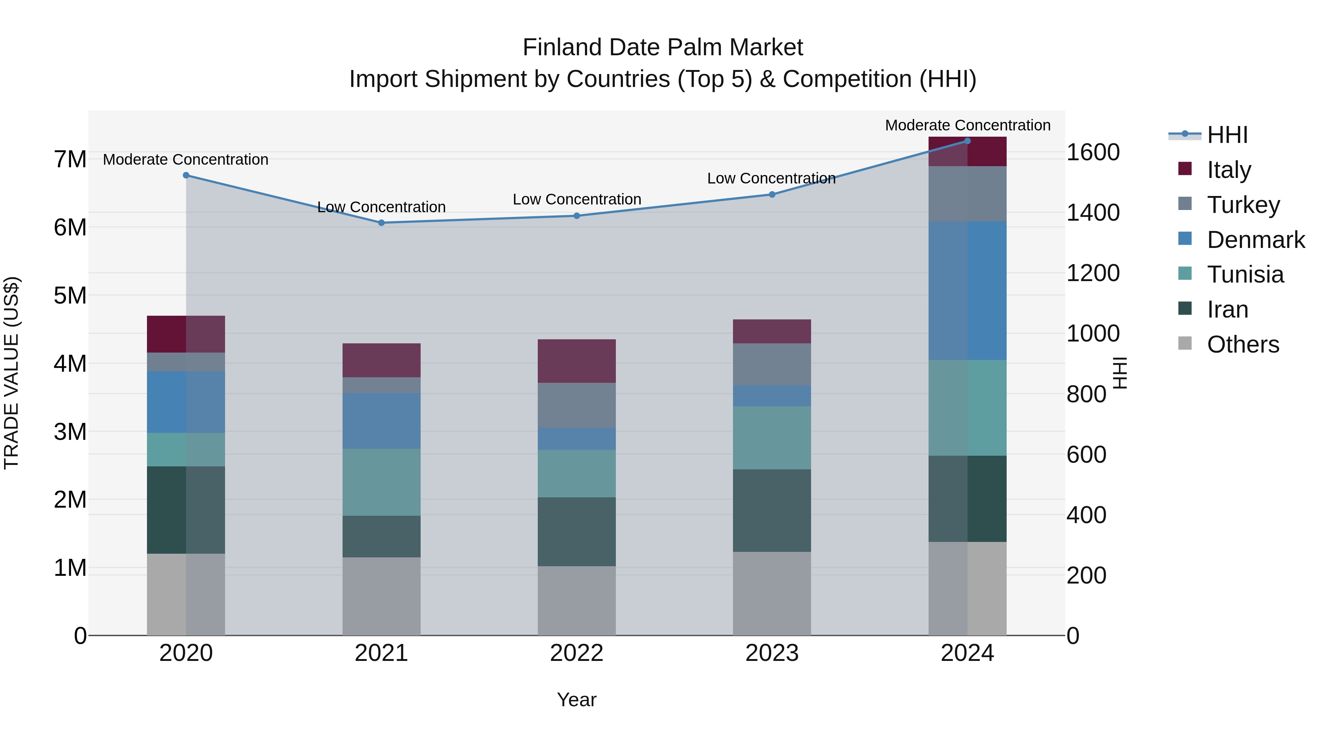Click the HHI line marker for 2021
click(x=382, y=223)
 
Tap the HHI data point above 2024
click(x=967, y=141)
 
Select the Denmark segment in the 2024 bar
click(x=967, y=291)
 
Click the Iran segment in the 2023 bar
click(x=772, y=510)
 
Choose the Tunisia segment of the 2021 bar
click(x=382, y=482)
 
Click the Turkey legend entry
click(x=1243, y=205)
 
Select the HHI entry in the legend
click(x=1227, y=135)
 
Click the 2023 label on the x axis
click(x=772, y=653)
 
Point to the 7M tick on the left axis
click(x=70, y=159)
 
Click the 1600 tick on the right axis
click(x=1092, y=153)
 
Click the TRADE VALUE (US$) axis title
click(x=11, y=373)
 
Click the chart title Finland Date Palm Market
click(x=663, y=48)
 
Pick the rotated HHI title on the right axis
click(x=1120, y=373)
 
